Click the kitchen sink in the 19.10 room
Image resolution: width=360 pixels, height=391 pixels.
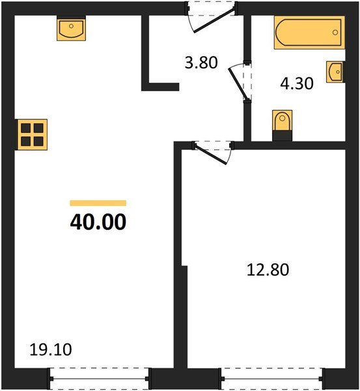click(71, 29)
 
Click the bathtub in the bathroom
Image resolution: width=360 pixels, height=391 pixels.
click(308, 33)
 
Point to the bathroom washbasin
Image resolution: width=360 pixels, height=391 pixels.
click(336, 72)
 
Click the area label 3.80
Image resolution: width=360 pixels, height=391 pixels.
click(200, 63)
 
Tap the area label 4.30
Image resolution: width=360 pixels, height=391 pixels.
click(297, 85)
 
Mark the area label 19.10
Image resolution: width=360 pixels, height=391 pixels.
click(50, 351)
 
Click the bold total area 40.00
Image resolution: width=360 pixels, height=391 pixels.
click(98, 223)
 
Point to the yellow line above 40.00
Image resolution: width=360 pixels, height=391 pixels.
click(98, 203)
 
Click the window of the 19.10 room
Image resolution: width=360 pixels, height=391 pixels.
click(100, 378)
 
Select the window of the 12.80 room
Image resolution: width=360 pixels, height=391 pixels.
click(271, 378)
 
